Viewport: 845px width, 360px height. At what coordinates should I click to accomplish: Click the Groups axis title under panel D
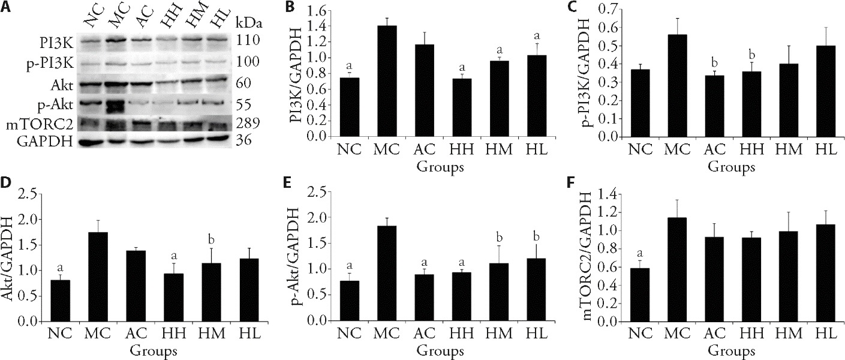click(155, 349)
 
